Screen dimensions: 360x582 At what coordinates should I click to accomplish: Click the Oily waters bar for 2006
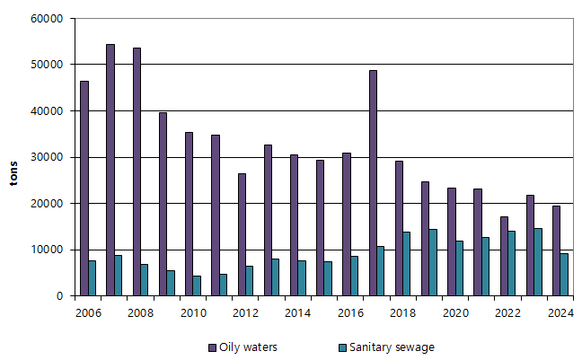tap(84, 189)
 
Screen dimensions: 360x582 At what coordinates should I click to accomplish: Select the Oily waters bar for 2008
tap(137, 171)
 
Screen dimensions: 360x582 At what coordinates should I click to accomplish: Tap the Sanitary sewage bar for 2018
tap(407, 264)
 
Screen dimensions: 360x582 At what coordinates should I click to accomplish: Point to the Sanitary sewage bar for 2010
tap(197, 285)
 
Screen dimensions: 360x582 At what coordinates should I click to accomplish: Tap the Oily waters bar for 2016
tap(347, 224)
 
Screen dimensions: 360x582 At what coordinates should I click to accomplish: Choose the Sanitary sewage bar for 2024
tap(564, 275)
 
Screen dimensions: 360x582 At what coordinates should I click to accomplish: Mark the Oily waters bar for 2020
tap(451, 241)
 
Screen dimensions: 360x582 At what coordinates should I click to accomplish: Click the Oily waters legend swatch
tap(213, 347)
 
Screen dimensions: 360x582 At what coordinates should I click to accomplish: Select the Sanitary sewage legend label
tap(398, 347)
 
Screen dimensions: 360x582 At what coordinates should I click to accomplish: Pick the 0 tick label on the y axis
tap(58, 296)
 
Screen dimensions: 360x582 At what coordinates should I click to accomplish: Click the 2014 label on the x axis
tap(297, 312)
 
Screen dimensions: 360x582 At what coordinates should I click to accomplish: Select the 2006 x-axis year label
tap(87, 312)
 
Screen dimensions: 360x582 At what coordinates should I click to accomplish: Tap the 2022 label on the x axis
tap(507, 312)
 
